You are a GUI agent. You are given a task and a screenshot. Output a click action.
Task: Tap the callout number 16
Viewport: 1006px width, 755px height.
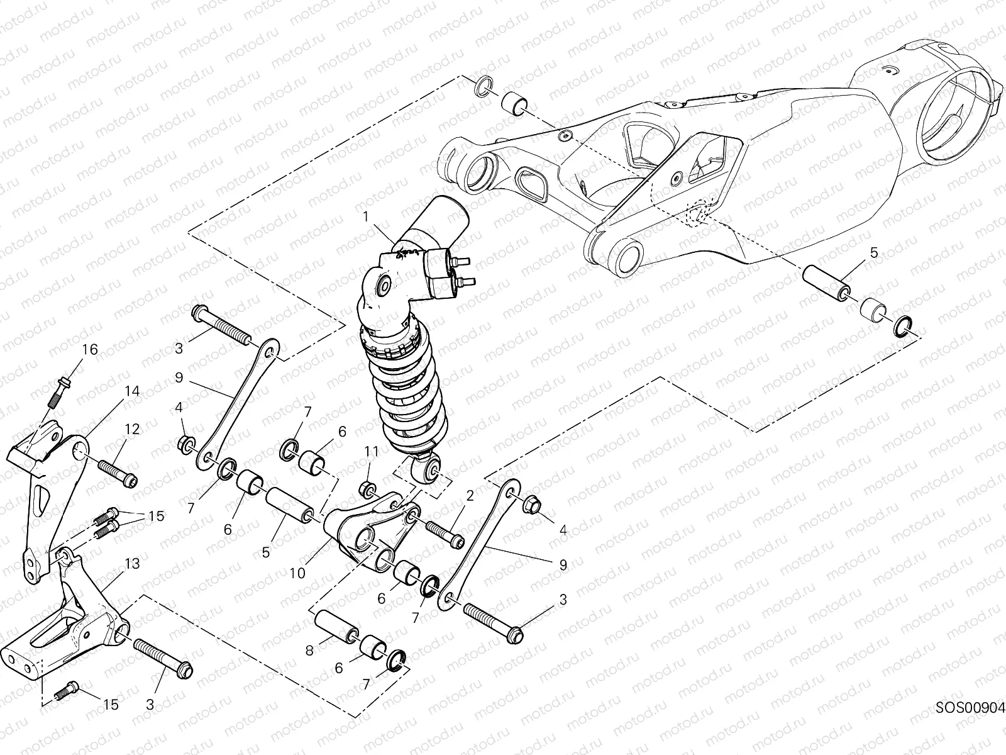point(90,349)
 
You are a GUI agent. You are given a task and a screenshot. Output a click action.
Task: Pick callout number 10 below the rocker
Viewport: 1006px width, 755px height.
point(297,573)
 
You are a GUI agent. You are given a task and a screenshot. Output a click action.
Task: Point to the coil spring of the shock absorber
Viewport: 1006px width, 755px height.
point(412,390)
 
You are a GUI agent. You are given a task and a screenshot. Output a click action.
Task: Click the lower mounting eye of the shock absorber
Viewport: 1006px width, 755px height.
point(434,469)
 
